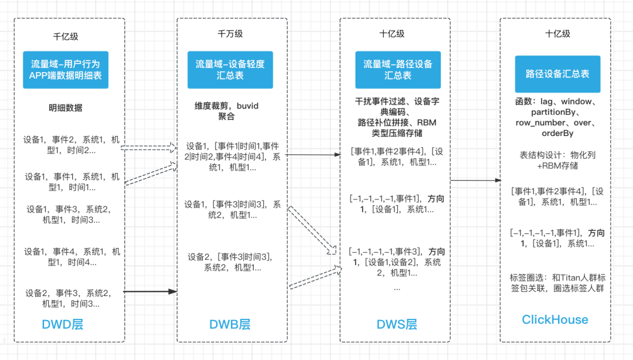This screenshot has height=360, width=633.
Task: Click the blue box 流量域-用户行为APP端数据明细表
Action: click(x=66, y=70)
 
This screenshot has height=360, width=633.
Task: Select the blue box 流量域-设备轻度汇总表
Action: click(x=230, y=70)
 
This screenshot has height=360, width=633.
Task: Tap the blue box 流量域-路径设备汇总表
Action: click(x=398, y=70)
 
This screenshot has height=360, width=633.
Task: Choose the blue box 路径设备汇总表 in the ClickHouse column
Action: click(x=557, y=74)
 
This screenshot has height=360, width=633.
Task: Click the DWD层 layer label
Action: click(x=62, y=324)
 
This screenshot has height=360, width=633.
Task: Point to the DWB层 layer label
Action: click(x=230, y=324)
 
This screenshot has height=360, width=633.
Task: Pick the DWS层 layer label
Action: click(x=397, y=324)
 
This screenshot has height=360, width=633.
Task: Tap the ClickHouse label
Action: click(x=555, y=320)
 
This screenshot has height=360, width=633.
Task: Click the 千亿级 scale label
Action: click(x=66, y=36)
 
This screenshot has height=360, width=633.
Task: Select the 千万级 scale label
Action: click(x=230, y=33)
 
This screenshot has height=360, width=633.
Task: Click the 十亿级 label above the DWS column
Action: click(x=392, y=33)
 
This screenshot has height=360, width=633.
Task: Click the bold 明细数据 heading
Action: click(x=66, y=108)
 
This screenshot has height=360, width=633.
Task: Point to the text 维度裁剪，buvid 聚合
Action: click(x=227, y=111)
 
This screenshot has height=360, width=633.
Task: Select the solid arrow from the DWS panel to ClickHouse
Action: click(x=475, y=181)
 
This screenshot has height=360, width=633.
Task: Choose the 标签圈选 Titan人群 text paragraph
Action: click(x=557, y=282)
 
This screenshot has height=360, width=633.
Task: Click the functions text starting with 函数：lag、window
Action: click(x=554, y=118)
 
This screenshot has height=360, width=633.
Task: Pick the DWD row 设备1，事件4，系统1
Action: click(x=72, y=257)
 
